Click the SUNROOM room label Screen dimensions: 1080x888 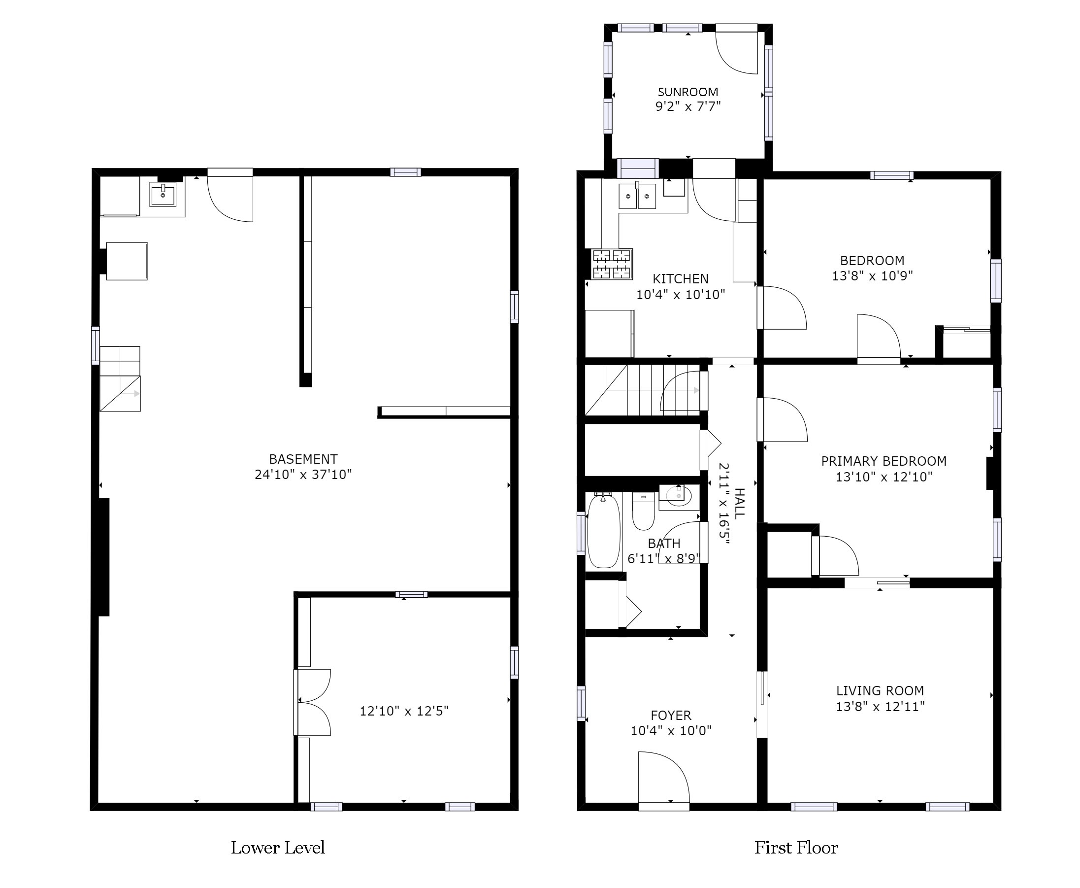(x=687, y=92)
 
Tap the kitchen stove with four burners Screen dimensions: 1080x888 (x=612, y=264)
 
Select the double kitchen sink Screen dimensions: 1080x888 (x=637, y=196)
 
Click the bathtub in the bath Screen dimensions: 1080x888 (x=604, y=530)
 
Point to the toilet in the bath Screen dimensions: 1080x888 (x=644, y=511)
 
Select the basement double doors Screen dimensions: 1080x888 (x=313, y=702)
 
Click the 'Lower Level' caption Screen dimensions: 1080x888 (x=278, y=848)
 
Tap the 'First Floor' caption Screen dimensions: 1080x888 (x=796, y=848)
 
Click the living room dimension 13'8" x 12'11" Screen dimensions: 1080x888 (x=880, y=707)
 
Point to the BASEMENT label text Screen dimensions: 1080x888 (x=303, y=459)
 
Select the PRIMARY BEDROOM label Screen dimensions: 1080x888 (x=884, y=461)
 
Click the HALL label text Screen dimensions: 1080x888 (x=740, y=503)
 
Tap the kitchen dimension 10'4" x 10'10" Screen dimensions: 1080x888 (x=680, y=294)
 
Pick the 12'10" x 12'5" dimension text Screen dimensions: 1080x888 (x=404, y=711)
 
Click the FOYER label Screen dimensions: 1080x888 (x=671, y=715)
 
